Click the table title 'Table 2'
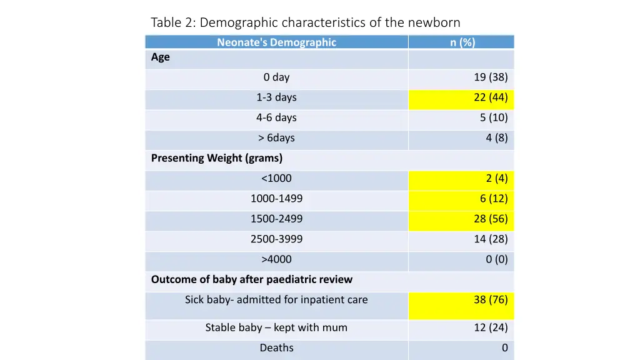(x=305, y=23)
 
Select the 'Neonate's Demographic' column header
(x=276, y=42)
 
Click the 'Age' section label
(x=161, y=57)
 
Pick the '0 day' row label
(x=276, y=77)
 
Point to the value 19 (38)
(x=491, y=77)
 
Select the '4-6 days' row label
(x=276, y=117)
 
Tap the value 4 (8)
(x=497, y=137)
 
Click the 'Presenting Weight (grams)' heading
(x=217, y=158)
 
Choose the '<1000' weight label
(x=276, y=178)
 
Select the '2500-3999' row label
(x=276, y=239)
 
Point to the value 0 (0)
(x=497, y=259)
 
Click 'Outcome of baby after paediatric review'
(x=252, y=279)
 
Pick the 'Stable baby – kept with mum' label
(x=276, y=327)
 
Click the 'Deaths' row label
(x=276, y=347)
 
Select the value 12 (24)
(x=491, y=327)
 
